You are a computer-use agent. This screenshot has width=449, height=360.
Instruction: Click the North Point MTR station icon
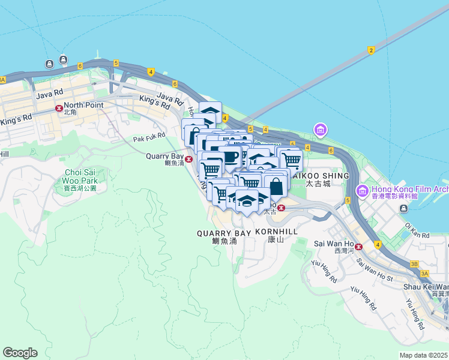pos(59,109)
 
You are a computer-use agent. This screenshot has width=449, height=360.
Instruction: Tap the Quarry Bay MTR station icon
pos(189,159)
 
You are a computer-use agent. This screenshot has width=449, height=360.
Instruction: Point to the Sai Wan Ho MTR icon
pos(358,246)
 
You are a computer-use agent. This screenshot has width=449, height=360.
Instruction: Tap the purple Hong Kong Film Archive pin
pos(361,191)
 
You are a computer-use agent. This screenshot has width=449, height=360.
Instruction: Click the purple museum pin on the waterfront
pos(320,129)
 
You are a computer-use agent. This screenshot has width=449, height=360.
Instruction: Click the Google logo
pos(20,353)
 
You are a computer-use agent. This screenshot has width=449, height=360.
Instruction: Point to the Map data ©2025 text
pos(423,355)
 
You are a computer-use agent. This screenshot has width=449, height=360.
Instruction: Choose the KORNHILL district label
pos(277,232)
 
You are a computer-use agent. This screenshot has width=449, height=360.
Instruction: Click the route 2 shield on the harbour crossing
pos(371,50)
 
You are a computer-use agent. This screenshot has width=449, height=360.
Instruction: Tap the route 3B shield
pos(414,263)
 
